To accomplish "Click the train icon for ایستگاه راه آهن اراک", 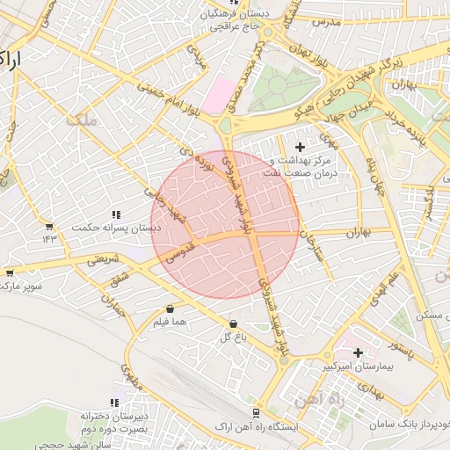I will click(x=256, y=412).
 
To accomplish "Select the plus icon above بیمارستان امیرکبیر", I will click(x=358, y=352).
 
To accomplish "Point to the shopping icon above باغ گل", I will click(x=232, y=323).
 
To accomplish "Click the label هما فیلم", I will click(x=170, y=323).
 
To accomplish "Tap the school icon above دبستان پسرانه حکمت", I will click(x=115, y=214).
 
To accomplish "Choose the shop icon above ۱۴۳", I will click(x=48, y=226).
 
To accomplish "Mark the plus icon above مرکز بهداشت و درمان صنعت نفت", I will click(x=301, y=146).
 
